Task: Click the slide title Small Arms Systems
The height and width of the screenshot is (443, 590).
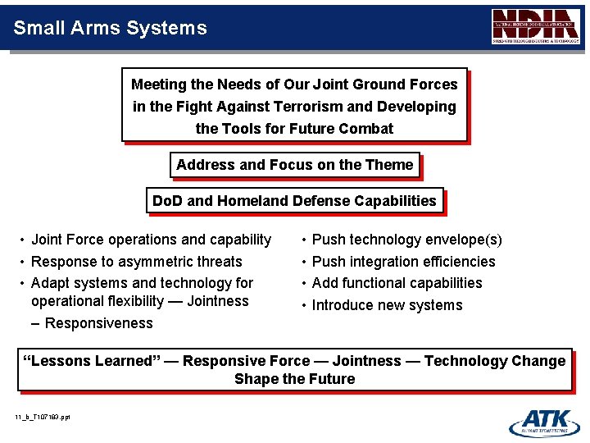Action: pos(110,28)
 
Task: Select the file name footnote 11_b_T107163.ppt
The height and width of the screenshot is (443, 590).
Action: pos(43,418)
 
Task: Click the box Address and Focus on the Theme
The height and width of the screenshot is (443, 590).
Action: pos(294,165)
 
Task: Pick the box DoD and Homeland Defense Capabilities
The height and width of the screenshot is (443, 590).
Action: pos(294,201)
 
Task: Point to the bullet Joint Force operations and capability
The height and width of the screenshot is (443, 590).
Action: pos(151,240)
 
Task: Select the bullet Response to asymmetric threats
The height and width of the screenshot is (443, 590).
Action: pos(136,262)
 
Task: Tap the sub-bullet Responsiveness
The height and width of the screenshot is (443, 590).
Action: pos(98,323)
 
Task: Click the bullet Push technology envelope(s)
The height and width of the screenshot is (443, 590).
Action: pos(406,240)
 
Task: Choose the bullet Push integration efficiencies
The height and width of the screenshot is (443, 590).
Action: pos(403,262)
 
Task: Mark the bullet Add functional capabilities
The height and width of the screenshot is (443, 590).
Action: pos(397,283)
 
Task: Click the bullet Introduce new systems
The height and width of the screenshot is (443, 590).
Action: pos(387,305)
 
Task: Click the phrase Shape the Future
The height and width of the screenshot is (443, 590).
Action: pos(294,379)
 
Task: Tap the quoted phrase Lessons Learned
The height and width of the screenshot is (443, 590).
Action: pos(90,361)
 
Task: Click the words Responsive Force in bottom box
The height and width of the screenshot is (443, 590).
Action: pos(246,361)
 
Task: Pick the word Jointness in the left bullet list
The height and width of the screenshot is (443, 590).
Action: pos(217,301)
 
